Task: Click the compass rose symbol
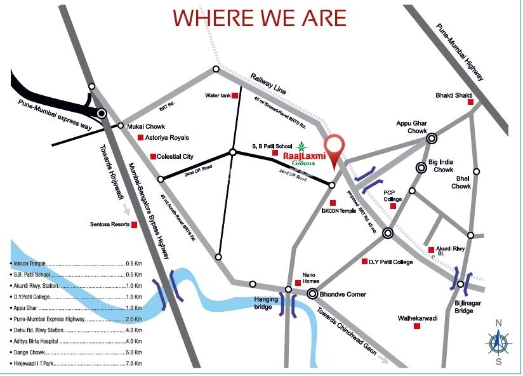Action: tap(498, 343)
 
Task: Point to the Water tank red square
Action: tap(234, 96)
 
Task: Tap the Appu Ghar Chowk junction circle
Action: tap(432, 138)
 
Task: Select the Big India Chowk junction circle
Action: tap(421, 168)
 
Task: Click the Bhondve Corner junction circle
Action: tap(312, 293)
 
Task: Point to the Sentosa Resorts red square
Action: tap(134, 224)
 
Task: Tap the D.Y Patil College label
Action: tap(391, 262)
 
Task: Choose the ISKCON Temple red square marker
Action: tap(333, 203)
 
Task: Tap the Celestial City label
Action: tap(178, 156)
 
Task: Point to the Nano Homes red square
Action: tap(298, 283)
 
